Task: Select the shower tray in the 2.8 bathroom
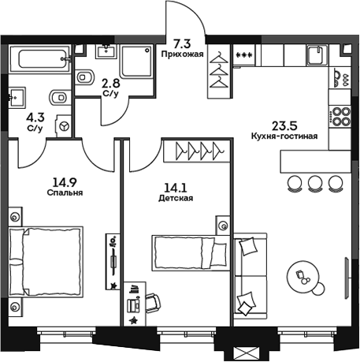[139, 61]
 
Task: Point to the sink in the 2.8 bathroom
[108, 54]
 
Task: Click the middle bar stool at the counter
[315, 182]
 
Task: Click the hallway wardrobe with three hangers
[219, 71]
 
